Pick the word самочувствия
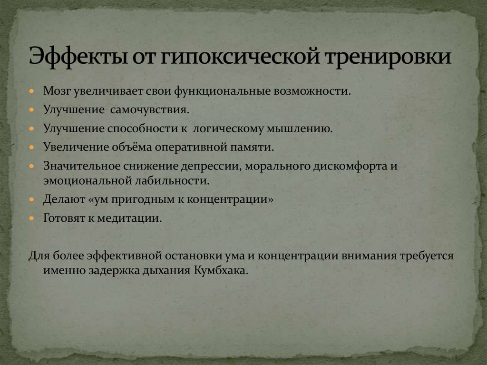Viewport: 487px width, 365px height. tap(150, 109)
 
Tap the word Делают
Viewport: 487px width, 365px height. tap(63, 200)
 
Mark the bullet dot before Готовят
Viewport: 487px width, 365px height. tap(32, 219)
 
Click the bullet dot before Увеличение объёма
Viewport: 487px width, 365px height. tap(32, 147)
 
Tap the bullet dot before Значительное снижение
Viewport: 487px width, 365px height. tap(32, 167)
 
